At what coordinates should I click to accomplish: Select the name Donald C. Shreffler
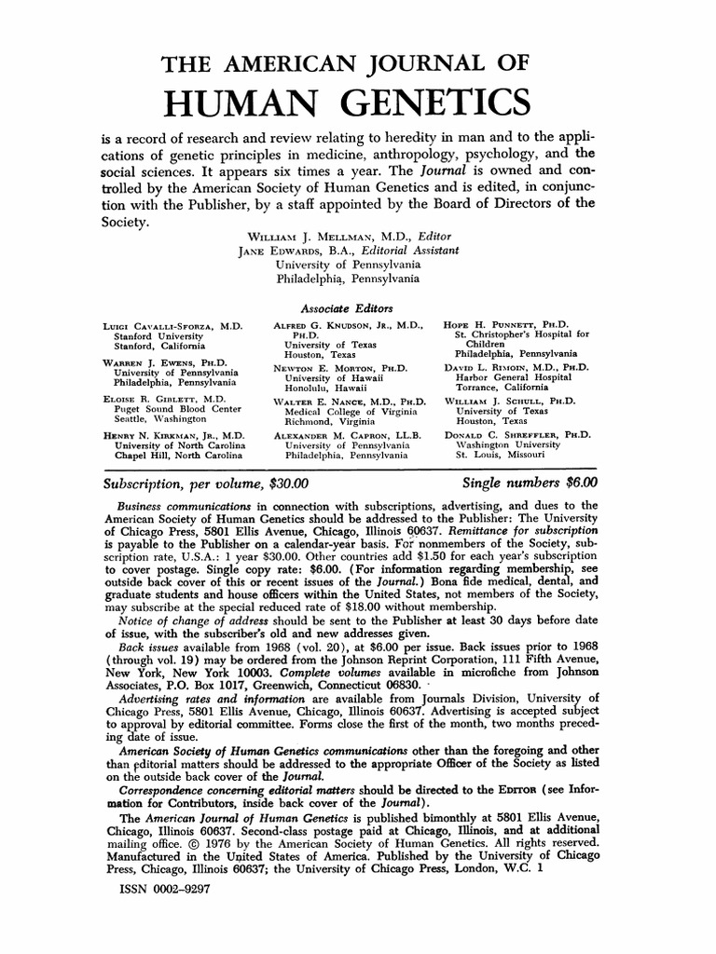506,435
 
